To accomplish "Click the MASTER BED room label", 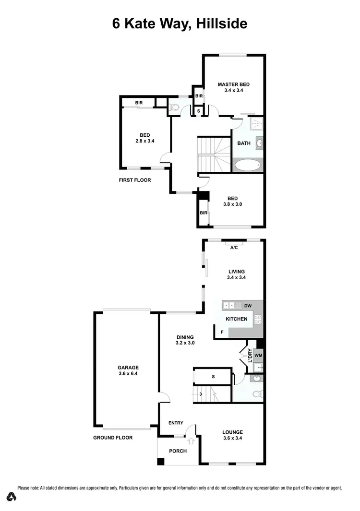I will [x=234, y=87].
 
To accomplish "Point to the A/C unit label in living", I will [x=234, y=248].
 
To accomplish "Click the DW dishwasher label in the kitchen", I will [x=248, y=306].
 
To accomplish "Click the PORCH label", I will [x=178, y=451].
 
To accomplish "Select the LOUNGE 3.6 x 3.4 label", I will [x=232, y=435].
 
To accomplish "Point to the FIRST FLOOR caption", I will [x=135, y=180].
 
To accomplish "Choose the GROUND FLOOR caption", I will [x=113, y=438].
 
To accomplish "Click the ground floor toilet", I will [x=257, y=395].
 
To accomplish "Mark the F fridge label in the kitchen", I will [x=222, y=332].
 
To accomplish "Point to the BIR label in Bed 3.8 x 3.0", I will [x=203, y=213].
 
